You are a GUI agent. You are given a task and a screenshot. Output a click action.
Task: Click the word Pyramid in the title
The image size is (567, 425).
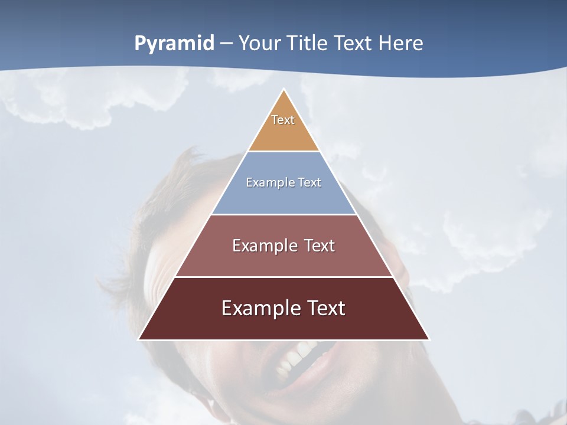click(x=174, y=44)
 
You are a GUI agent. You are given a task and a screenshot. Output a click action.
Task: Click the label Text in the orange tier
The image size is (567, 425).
click(x=283, y=120)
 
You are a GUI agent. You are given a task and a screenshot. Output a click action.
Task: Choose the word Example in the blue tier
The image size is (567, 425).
click(x=266, y=182)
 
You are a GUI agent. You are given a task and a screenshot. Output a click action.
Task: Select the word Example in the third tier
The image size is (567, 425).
click(x=263, y=246)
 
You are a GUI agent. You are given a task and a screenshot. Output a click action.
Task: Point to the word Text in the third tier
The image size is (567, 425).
click(x=320, y=246)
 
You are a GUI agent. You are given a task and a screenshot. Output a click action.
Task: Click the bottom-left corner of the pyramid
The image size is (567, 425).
click(x=139, y=339)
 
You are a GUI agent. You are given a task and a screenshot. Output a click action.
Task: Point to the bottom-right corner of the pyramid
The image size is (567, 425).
click(x=429, y=339)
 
